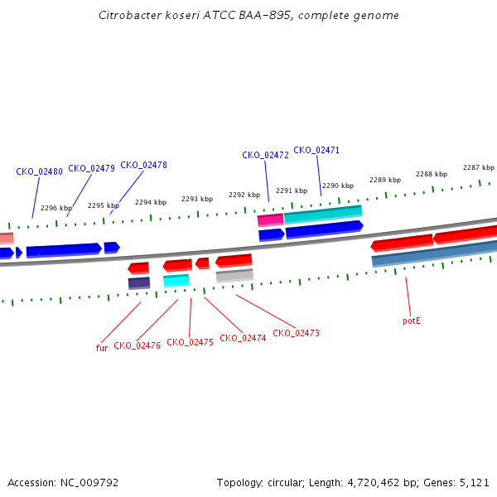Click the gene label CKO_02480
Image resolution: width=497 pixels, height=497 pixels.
39,172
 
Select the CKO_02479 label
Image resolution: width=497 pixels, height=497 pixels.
91,168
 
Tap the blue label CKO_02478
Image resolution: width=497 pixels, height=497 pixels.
143,165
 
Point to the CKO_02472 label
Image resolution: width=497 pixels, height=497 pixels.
265,155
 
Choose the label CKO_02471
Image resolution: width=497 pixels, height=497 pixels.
316,150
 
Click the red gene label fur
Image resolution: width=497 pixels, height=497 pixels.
102,348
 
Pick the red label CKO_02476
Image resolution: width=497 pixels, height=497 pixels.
137,345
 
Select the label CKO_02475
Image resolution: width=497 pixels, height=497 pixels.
190,342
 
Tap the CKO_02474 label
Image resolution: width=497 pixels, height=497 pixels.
243,338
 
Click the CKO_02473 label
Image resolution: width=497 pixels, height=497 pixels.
296,333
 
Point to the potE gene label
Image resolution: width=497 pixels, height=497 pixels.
412,321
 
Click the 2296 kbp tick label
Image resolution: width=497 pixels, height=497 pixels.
55,208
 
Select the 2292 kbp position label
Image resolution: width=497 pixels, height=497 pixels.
244,195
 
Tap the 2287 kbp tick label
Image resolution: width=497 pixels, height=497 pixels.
478,167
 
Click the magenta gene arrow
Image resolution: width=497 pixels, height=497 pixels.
270,220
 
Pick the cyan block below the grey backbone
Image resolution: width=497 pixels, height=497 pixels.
176,281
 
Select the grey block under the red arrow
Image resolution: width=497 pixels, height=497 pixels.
234,276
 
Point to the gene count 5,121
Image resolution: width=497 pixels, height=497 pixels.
474,482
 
